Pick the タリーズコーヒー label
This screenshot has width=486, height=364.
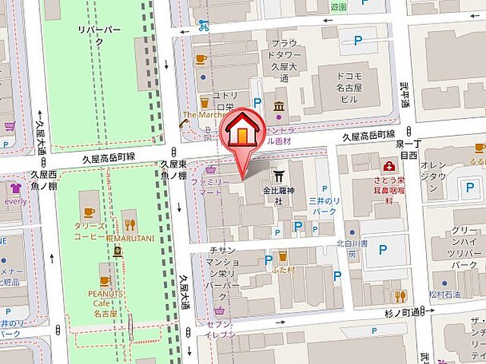coord(90,231)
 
